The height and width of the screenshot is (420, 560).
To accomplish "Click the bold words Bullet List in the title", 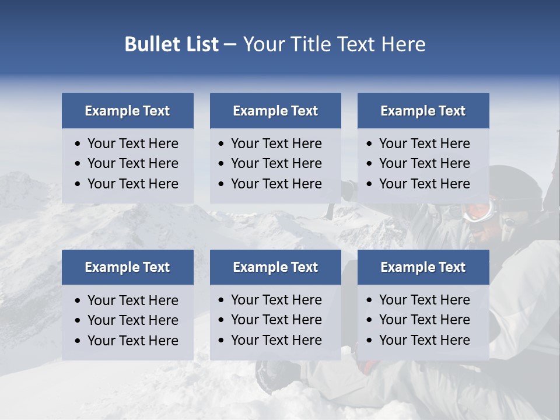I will [171, 44].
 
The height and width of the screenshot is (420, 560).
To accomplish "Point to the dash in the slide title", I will [230, 45].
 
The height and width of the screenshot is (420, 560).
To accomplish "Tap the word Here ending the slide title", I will [403, 44].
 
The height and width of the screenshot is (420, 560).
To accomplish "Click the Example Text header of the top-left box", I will [127, 111].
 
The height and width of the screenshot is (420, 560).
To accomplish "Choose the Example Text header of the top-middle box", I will [275, 111].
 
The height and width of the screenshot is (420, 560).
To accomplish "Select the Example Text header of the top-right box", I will [423, 111].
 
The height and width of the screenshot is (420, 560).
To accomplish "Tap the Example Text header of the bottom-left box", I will [127, 267].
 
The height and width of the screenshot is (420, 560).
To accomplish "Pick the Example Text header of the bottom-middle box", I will [275, 267].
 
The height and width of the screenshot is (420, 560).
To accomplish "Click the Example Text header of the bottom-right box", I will [423, 267].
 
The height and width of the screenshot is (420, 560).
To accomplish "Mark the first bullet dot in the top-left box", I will [78, 144].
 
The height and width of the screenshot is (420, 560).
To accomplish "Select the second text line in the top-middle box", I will [276, 163].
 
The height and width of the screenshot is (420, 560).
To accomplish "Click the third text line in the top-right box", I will [424, 184].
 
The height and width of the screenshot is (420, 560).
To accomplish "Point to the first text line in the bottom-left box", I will [132, 300].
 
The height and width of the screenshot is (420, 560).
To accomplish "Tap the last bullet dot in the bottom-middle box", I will [222, 341].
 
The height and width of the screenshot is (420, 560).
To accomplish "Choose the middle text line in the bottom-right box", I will [424, 320].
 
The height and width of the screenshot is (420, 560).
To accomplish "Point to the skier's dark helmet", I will [516, 184].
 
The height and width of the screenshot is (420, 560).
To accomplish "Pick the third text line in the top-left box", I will [132, 184].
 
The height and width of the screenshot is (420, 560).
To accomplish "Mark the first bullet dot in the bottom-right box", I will [370, 300].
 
